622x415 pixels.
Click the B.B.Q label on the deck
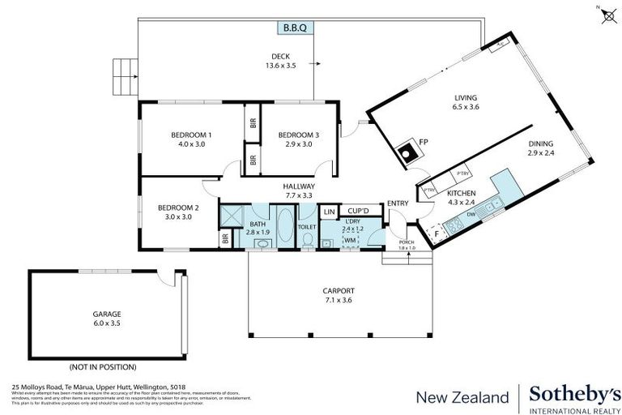pos(295,28)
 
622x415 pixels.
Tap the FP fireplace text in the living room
pos(423,143)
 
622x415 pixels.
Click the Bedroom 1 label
pos(191,135)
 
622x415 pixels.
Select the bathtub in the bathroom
pos(287,226)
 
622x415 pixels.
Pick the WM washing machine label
pos(350,241)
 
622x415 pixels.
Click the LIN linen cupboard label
pos(329,212)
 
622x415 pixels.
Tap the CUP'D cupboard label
pos(357,210)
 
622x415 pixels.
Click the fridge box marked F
pos(438,233)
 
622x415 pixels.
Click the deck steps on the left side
pos(124,76)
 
